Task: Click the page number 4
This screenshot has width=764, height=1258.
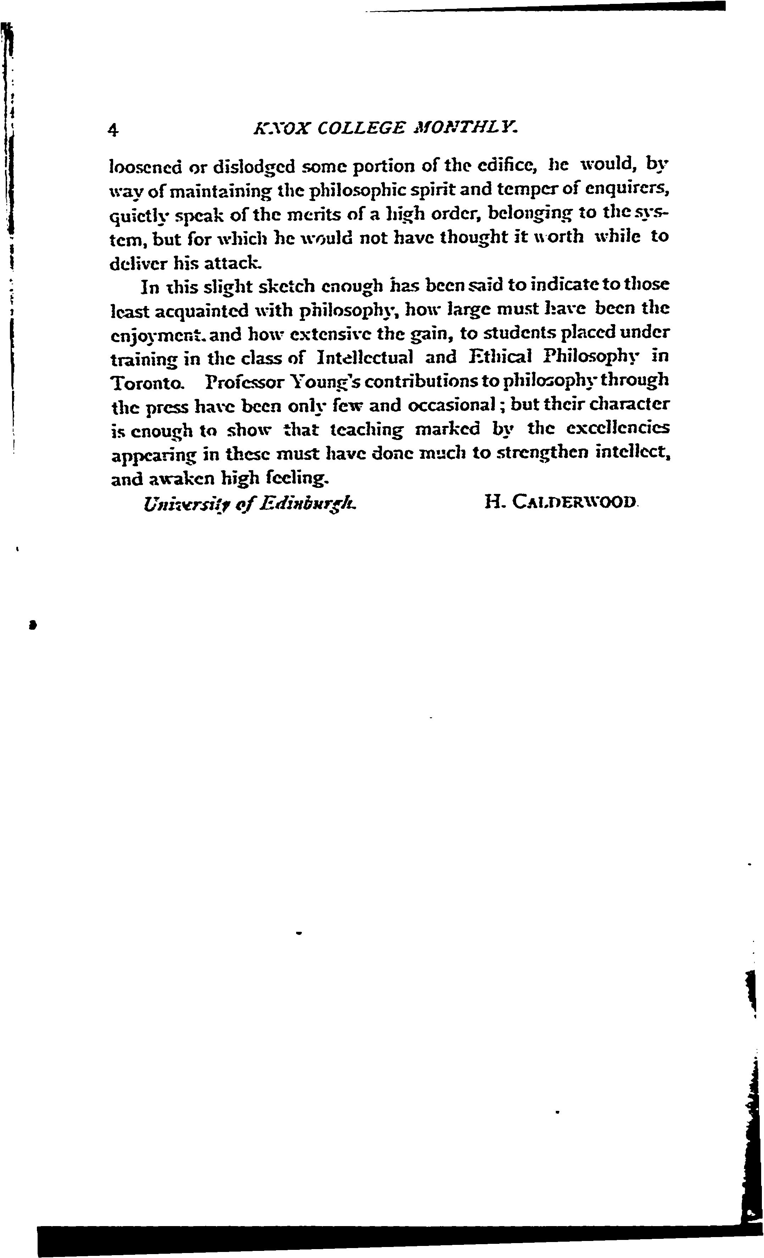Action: tap(114, 130)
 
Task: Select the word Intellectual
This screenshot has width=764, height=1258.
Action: tap(365, 357)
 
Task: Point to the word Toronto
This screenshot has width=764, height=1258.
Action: tap(146, 382)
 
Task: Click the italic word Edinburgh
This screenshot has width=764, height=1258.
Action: tap(308, 505)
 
